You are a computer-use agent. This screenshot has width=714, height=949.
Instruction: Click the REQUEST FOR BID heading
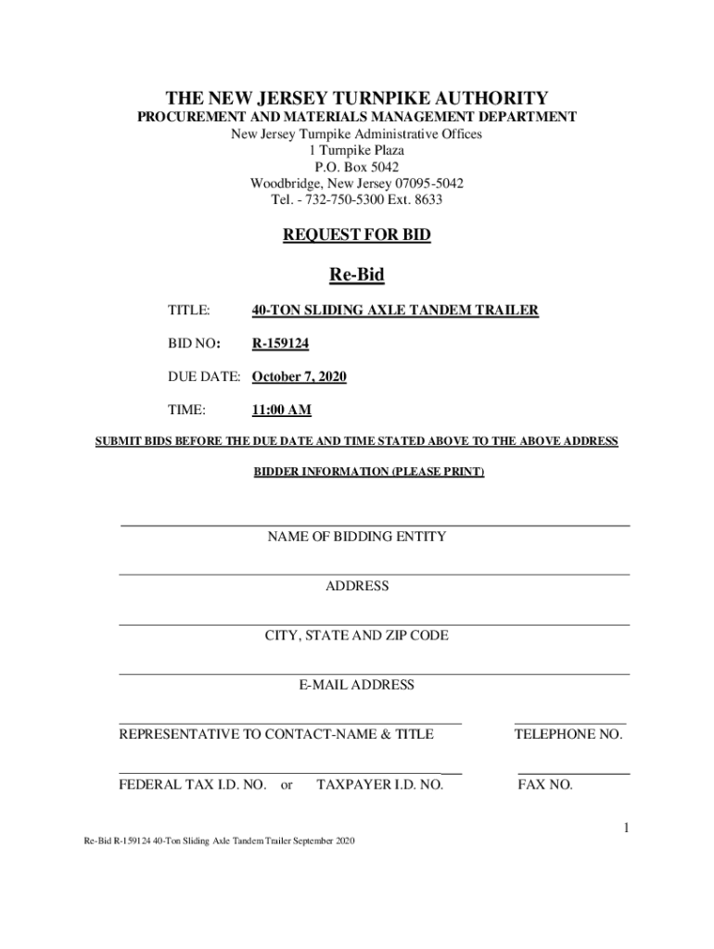(357, 235)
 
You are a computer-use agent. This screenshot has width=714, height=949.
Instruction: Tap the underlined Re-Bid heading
(357, 274)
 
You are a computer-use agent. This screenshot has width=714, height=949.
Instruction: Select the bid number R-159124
(281, 344)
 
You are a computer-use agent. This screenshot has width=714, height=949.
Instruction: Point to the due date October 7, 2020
(300, 377)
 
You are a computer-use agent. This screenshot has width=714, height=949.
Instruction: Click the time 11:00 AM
(281, 411)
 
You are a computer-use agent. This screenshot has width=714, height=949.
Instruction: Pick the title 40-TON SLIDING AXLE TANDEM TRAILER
(395, 310)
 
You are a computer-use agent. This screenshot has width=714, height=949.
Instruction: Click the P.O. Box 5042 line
(357, 167)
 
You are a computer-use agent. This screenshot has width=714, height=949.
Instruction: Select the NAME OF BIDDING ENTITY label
(357, 537)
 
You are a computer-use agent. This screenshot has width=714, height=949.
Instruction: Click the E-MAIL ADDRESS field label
(357, 685)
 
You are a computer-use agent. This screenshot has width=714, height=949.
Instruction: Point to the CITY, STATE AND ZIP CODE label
(357, 636)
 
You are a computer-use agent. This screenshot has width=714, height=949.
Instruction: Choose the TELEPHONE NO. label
(568, 735)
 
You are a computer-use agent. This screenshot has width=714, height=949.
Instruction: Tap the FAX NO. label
(545, 785)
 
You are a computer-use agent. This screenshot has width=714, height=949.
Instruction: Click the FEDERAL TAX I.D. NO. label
(193, 785)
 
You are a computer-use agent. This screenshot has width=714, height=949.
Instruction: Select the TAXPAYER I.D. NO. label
(380, 785)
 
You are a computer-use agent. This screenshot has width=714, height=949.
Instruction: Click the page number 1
(627, 827)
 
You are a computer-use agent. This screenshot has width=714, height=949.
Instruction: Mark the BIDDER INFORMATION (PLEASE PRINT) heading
(369, 472)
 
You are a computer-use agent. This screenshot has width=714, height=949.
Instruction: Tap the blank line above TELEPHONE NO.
(569, 722)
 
